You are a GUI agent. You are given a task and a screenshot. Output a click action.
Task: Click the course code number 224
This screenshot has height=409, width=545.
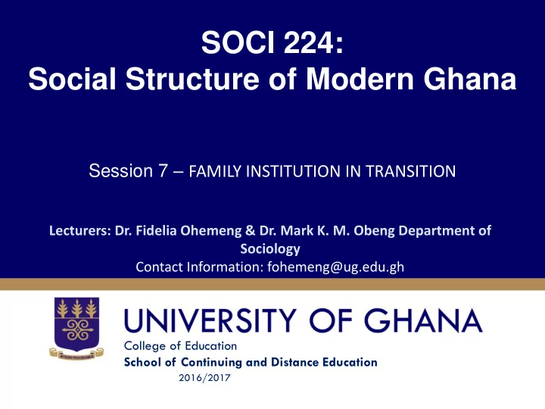307,42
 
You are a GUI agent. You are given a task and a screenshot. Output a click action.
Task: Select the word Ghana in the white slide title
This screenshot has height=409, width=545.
469,79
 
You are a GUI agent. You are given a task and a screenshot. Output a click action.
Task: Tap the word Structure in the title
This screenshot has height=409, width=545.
192,79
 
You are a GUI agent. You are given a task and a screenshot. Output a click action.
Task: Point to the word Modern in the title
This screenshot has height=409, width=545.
360,79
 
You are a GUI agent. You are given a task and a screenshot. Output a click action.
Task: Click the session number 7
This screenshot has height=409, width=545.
163,170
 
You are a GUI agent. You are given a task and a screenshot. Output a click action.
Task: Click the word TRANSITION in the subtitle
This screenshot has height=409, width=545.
410,171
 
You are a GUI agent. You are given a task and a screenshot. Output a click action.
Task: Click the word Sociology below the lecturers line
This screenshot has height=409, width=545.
270,249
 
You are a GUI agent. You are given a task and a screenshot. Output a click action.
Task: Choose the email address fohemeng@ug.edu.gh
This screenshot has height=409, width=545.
336,267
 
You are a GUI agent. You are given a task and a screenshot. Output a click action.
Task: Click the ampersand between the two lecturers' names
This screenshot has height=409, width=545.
250,230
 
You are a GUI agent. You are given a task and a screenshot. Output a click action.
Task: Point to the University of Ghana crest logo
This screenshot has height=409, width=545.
76,328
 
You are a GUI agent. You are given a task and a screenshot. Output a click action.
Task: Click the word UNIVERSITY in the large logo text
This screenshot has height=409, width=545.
210,320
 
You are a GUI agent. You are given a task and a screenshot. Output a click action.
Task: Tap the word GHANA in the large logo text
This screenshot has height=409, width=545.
423,320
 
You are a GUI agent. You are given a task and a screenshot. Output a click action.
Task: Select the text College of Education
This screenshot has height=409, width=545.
180,346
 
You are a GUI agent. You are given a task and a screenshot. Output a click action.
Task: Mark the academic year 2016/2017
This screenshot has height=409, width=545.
204,378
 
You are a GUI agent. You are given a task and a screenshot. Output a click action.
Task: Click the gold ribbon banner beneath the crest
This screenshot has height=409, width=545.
76,354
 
